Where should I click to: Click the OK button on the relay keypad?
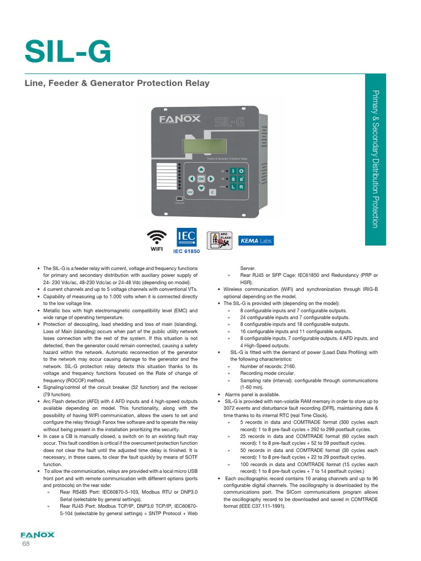pos(201,179)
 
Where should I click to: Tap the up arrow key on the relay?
pos(201,169)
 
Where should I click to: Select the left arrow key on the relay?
pos(191,179)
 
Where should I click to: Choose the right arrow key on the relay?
pos(210,179)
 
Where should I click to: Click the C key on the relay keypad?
pos(212,192)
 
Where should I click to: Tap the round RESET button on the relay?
pos(190,192)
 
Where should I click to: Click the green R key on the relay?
pos(241,187)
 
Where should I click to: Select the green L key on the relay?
pos(233,187)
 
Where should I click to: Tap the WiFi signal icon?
pos(157,237)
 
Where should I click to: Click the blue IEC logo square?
pos(184,237)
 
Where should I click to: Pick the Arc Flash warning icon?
pos(218,241)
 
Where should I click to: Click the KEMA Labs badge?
pos(255,241)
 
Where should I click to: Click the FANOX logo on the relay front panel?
pos(180,119)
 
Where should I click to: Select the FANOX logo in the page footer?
pos(37,534)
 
